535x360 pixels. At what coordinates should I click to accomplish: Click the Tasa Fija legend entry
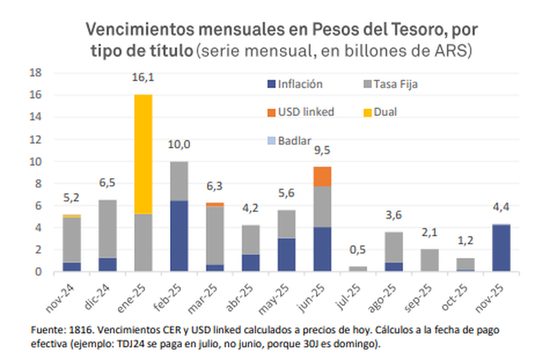pyautogui.click(x=396, y=84)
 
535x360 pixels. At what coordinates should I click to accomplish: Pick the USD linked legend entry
pyautogui.click(x=306, y=111)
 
